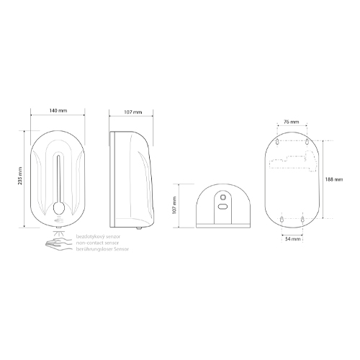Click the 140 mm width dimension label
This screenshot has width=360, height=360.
point(58,111)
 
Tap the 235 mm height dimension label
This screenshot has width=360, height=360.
point(20,176)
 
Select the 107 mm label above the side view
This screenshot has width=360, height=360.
point(133,112)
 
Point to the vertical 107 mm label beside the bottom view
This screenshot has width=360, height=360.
point(174,205)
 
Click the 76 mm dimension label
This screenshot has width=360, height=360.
point(292,122)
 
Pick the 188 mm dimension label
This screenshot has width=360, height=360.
point(334,179)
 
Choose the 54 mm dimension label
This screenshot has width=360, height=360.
point(293,239)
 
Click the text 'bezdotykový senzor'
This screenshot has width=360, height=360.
point(98,237)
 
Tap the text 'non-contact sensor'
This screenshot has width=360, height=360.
point(97,243)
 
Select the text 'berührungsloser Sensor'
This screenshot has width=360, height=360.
point(102,249)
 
